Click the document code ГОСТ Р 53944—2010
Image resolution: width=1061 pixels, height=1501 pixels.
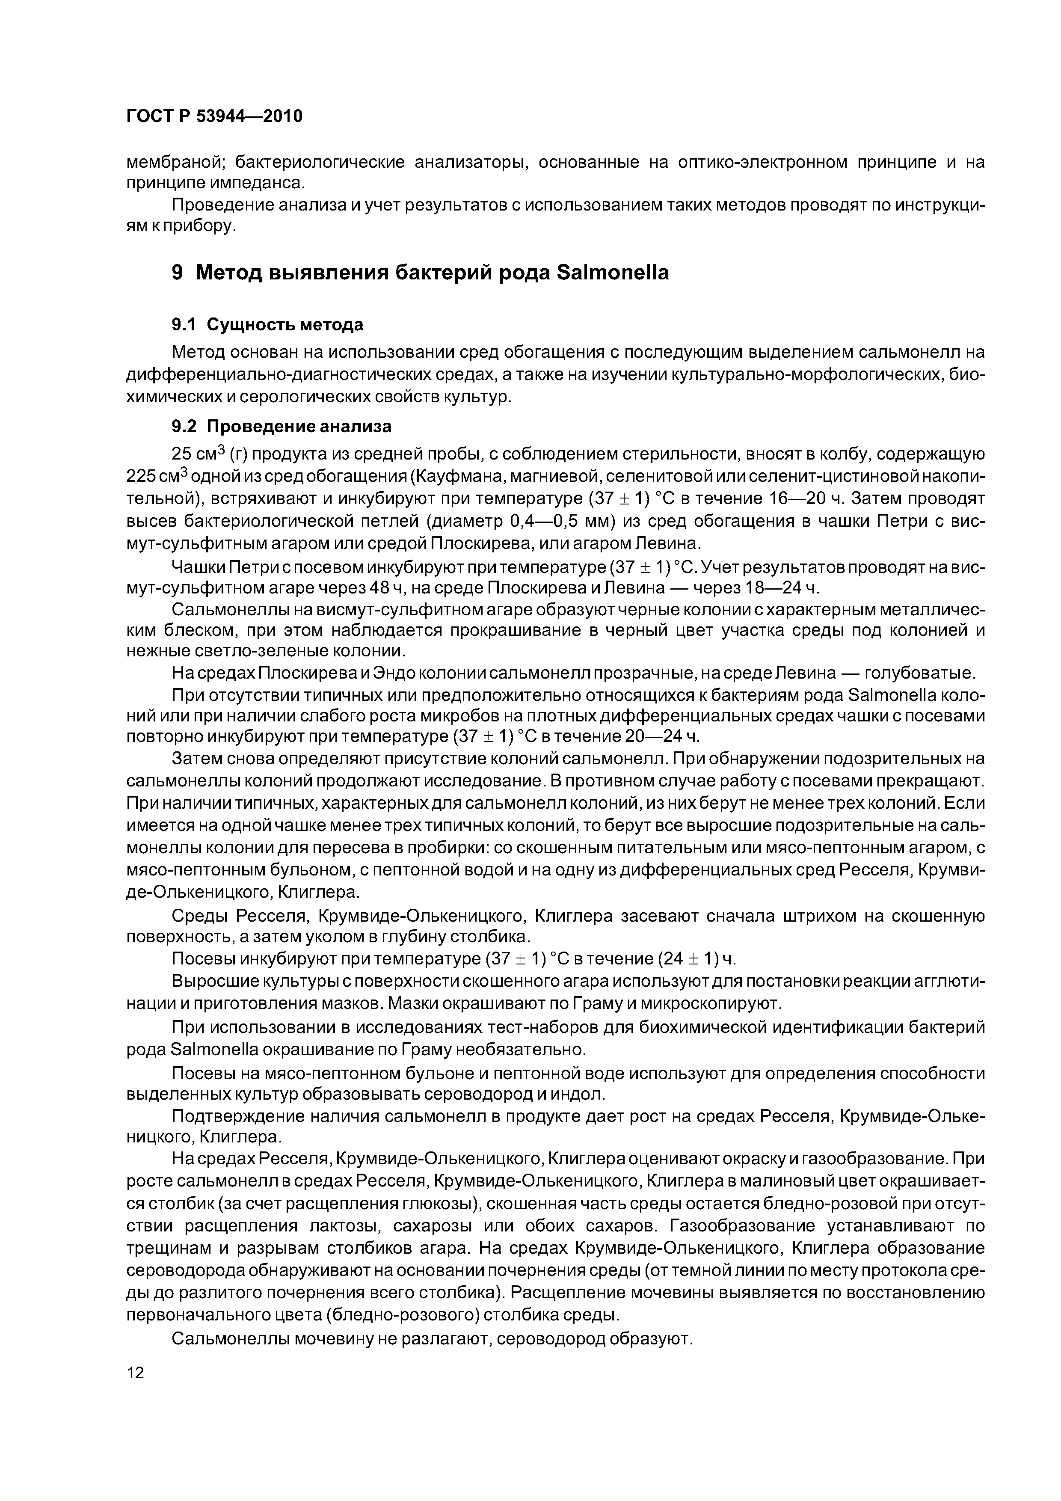tap(214, 116)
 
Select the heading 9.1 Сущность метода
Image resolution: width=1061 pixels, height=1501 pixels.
tap(267, 325)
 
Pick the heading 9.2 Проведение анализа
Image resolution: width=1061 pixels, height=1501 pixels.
tap(281, 426)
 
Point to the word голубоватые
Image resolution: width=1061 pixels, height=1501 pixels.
tap(919, 673)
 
